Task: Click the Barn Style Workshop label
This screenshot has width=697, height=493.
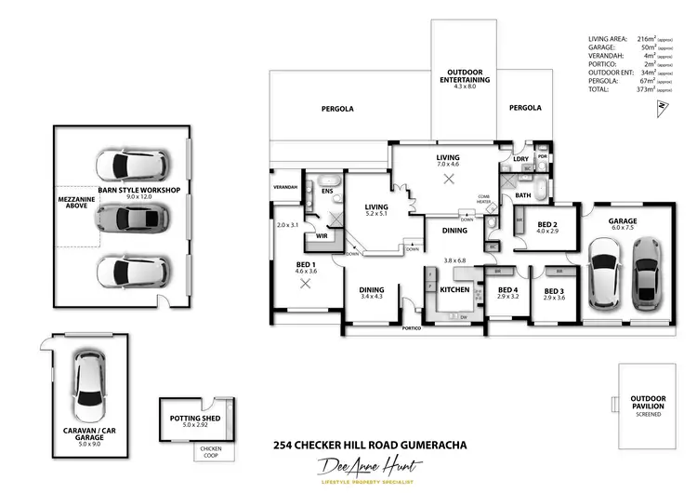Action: click(x=138, y=190)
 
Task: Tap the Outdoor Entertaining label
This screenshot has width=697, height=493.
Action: click(x=464, y=76)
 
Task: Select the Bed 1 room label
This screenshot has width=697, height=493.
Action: click(x=306, y=265)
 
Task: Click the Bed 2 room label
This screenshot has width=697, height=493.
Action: click(x=546, y=225)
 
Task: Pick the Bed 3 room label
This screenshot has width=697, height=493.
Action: click(x=554, y=291)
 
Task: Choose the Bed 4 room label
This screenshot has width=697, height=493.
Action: click(x=507, y=291)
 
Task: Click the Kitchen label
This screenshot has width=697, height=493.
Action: click(x=454, y=290)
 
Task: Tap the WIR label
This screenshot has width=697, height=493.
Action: click(x=322, y=235)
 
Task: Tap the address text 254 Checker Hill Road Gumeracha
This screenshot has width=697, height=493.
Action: click(x=370, y=445)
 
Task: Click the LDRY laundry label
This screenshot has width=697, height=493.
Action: click(x=520, y=159)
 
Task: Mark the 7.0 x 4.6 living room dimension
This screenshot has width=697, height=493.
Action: click(x=449, y=165)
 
